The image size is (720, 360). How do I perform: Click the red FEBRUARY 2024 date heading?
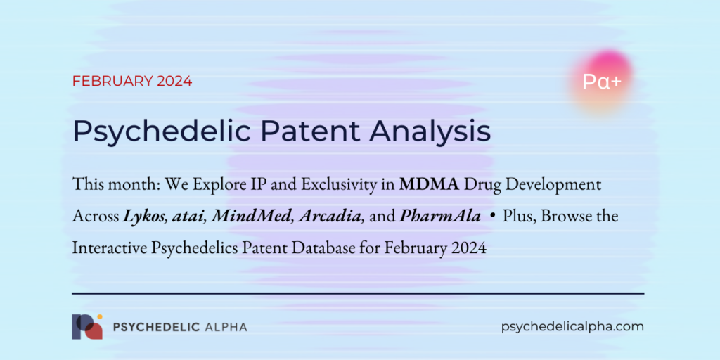(x=131, y=81)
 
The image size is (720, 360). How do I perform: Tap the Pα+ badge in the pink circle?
(x=601, y=82)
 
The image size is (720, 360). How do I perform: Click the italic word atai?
(x=186, y=217)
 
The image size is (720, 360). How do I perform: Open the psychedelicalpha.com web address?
(x=573, y=326)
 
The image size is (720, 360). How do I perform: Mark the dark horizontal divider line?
(x=358, y=292)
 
